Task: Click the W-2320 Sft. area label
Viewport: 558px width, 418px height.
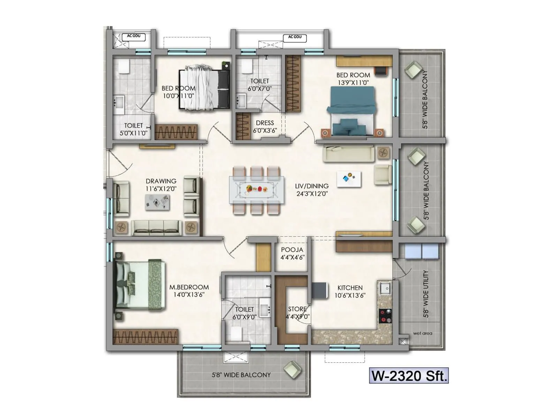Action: (409, 376)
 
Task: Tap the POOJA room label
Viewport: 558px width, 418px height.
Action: (292, 254)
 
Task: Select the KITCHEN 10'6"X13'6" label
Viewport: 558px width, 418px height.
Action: (350, 292)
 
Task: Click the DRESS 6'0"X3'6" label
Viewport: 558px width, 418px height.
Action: (265, 126)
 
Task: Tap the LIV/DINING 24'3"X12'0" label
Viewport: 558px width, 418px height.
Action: (312, 190)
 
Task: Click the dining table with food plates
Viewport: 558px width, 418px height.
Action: (257, 190)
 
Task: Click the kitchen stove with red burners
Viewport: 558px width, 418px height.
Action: (385, 316)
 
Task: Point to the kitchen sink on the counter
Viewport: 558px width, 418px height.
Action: (385, 288)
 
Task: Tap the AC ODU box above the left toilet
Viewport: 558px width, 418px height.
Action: (134, 36)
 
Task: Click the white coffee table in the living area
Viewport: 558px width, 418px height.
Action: (349, 179)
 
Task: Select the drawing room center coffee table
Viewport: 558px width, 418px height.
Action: (157, 202)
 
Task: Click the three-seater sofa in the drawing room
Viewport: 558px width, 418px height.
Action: (156, 227)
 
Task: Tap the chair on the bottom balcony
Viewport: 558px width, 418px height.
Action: (292, 370)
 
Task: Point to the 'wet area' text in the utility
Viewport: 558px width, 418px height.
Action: (422, 333)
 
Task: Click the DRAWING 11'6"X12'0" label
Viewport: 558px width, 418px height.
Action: (161, 185)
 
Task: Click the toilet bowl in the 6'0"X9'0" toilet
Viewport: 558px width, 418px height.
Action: (236, 334)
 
